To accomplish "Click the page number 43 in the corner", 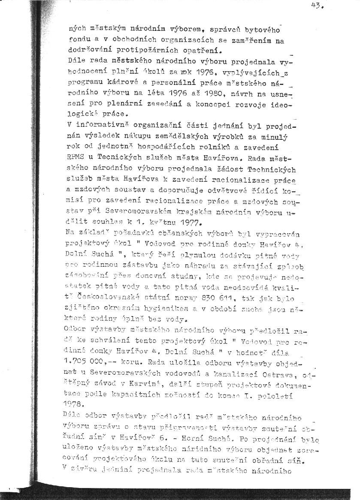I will coord(318,6).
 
